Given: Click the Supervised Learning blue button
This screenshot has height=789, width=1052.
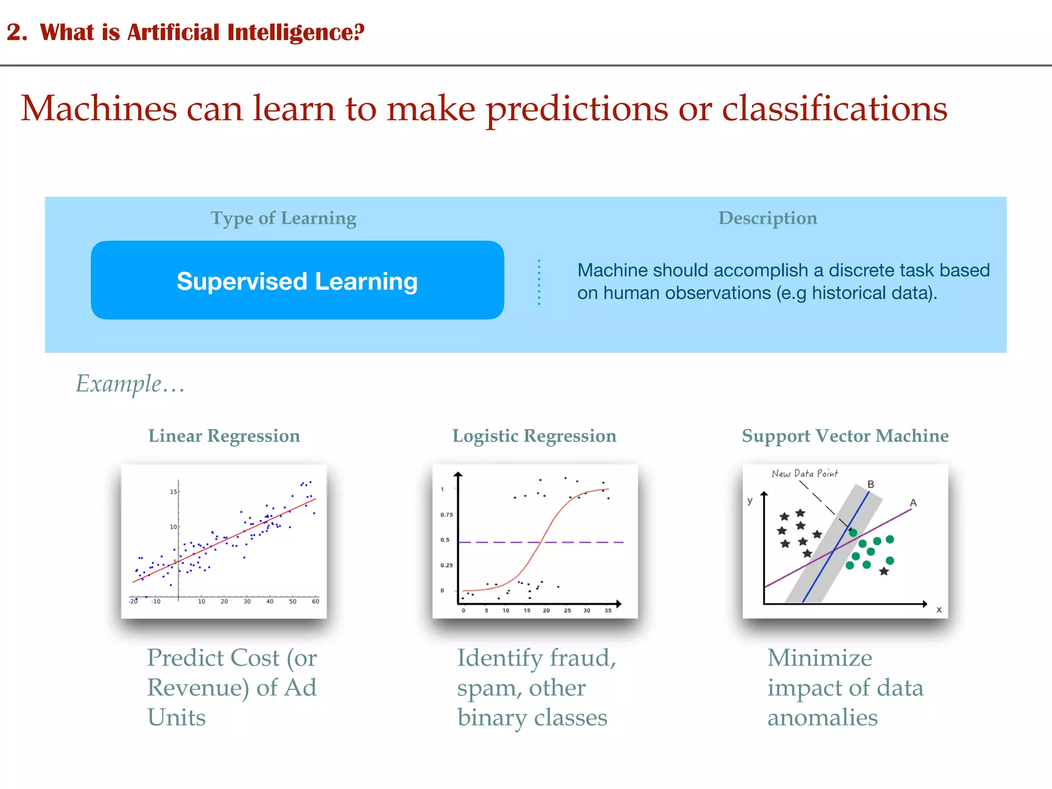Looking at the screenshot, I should (x=297, y=280).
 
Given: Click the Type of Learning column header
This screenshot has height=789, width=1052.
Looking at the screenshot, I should (x=283, y=218).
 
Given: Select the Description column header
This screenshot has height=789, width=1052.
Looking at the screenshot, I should (x=767, y=218).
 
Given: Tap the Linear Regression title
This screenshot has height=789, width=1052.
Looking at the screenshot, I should (x=224, y=436).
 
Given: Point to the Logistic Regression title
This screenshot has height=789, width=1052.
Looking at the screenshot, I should (x=534, y=436).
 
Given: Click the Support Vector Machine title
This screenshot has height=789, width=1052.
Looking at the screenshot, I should (x=845, y=436).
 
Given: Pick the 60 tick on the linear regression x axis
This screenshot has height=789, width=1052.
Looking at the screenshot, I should (x=315, y=601).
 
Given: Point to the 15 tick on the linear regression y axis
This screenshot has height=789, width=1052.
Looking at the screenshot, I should (x=173, y=492).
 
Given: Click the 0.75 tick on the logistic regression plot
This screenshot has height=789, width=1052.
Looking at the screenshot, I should (x=446, y=515).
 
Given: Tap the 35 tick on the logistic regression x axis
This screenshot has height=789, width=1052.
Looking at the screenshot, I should (x=608, y=611).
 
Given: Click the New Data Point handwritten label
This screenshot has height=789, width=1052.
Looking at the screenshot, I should (x=804, y=474).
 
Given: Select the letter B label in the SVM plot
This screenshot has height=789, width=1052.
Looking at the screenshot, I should (x=871, y=484).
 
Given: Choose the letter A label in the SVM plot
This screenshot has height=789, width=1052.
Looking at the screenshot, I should (x=913, y=503).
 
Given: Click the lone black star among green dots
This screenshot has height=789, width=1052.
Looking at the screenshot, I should (x=884, y=571).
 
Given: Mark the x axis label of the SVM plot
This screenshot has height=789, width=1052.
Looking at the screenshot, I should (x=939, y=610).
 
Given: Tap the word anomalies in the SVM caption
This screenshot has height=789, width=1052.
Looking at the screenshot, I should (x=822, y=718).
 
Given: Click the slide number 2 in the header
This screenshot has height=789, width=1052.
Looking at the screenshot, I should (x=15, y=32).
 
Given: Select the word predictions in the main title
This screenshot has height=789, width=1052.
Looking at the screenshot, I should (x=577, y=109).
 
